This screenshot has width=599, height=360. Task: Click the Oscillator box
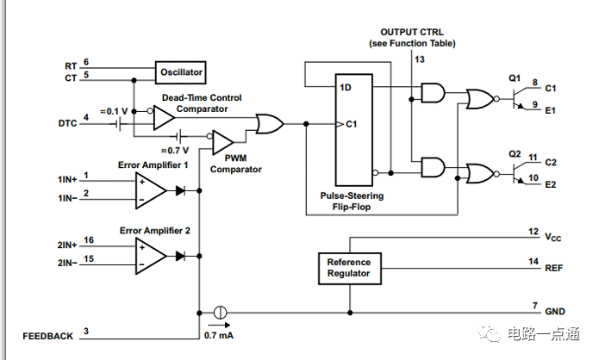(x=181, y=72)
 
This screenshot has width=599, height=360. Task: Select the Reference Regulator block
(x=350, y=269)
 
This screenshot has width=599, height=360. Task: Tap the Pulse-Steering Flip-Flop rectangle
(x=353, y=130)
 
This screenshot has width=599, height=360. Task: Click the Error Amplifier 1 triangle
(x=151, y=190)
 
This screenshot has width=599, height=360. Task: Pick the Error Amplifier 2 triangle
(x=151, y=256)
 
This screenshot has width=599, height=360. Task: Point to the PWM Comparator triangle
(x=222, y=142)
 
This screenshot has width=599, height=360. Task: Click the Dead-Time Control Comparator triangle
(x=164, y=118)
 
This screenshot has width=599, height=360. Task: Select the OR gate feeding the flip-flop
(x=270, y=124)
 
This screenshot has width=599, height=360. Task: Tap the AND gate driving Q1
(x=433, y=93)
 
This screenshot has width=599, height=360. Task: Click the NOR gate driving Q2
(x=480, y=174)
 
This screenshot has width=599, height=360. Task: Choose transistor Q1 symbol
(x=518, y=98)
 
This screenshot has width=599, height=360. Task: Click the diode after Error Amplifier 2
(x=180, y=256)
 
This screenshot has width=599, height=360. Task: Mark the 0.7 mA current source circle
(x=220, y=313)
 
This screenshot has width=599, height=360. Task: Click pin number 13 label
(x=420, y=59)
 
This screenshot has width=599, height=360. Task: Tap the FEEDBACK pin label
(x=47, y=336)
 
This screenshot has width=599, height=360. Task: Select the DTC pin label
(x=67, y=123)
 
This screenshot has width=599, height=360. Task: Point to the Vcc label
(x=552, y=238)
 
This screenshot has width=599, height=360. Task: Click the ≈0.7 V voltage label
(x=175, y=151)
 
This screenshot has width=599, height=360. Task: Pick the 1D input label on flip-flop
(x=346, y=88)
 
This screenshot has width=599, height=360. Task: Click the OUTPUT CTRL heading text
(x=412, y=32)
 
